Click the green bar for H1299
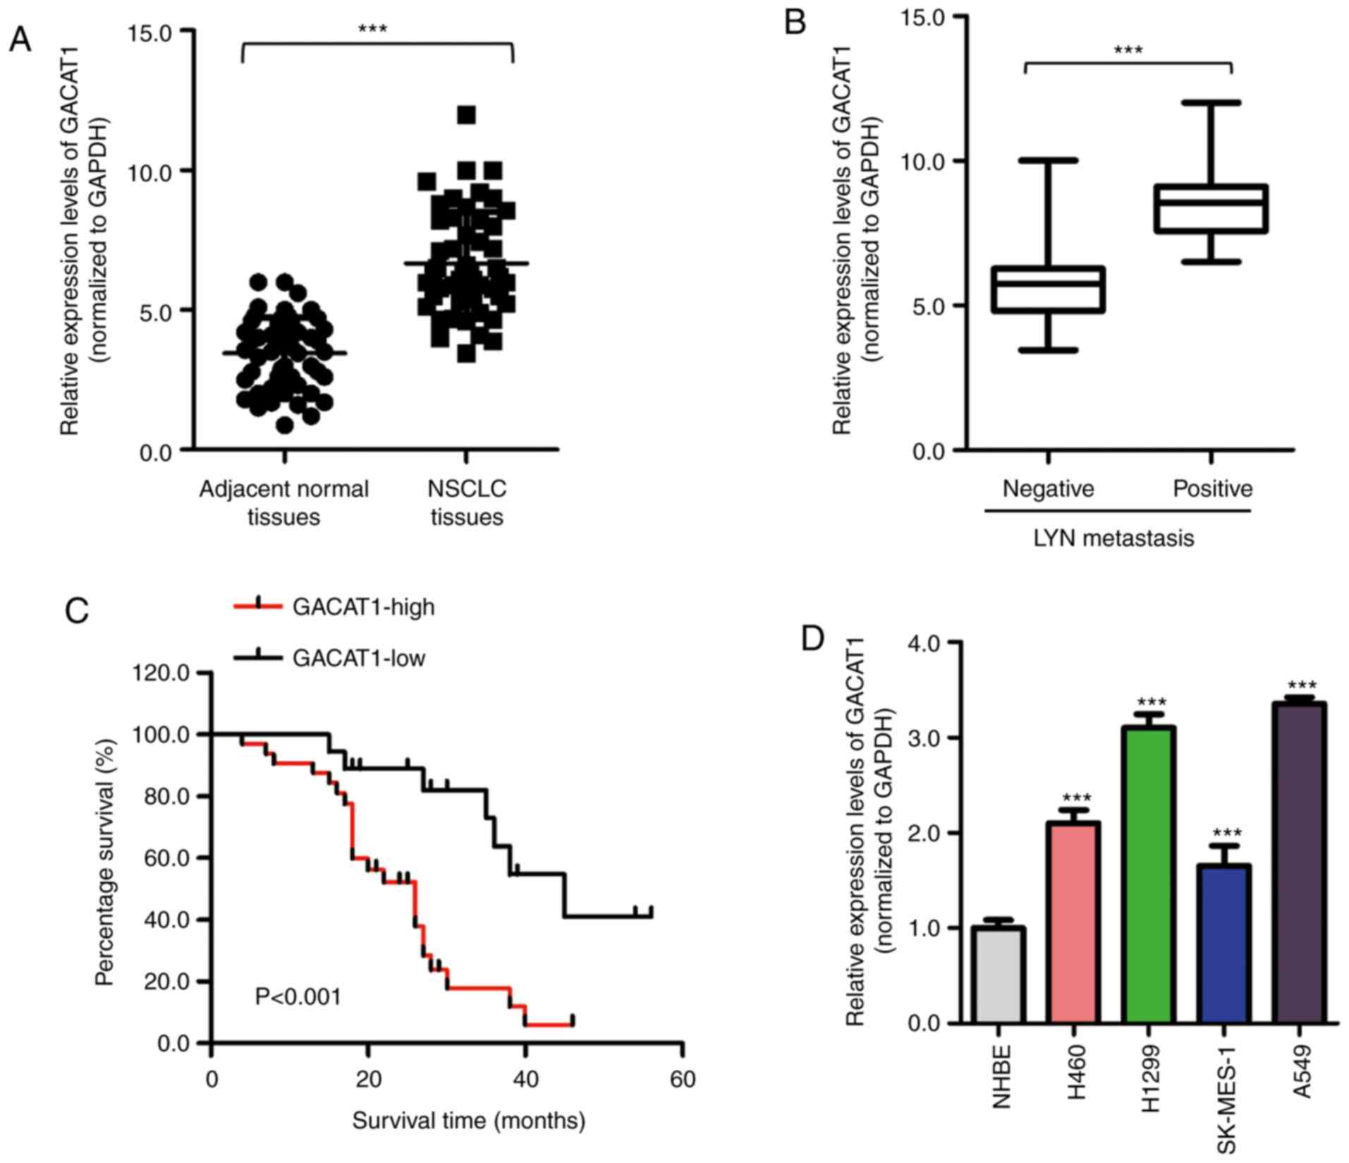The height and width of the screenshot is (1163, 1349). tap(1149, 875)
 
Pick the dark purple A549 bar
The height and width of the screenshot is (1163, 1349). tap(1300, 862)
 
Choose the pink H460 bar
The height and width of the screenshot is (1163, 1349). tap(1074, 922)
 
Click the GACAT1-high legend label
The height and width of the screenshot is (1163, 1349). tap(363, 607)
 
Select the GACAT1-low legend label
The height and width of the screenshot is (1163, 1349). tap(359, 658)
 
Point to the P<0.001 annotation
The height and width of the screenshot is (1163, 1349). tap(298, 997)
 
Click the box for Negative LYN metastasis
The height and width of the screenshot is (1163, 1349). tap(1048, 289)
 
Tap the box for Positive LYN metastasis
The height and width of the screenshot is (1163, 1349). tap(1211, 208)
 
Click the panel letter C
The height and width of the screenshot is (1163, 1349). tap(77, 610)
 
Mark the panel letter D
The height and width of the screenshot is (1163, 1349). tap(813, 639)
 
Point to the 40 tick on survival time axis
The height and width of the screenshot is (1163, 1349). tap(525, 1079)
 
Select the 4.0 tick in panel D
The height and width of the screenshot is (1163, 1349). tap(924, 643)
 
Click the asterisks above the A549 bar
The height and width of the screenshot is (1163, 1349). tap(1301, 685)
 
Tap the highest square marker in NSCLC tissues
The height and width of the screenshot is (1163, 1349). tap(466, 114)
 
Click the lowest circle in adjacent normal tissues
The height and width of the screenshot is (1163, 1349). tap(284, 425)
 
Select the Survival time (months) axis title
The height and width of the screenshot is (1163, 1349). tap(468, 1120)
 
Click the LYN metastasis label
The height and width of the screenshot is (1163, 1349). tap(1113, 538)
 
